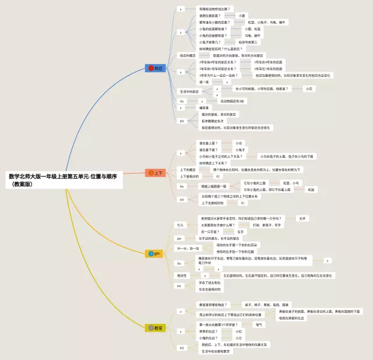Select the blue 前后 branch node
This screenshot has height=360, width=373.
(156, 68)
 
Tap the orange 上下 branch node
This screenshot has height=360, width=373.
(156, 173)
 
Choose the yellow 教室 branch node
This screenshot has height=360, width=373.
(156, 328)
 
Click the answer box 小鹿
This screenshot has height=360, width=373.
(242, 16)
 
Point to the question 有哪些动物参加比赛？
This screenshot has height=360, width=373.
(214, 9)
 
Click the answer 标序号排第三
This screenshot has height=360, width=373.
(248, 42)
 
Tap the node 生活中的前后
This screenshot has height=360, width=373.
(188, 91)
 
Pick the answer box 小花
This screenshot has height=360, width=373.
(309, 89)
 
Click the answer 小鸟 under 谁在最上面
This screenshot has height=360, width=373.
(238, 143)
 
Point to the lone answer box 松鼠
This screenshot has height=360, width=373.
(311, 189)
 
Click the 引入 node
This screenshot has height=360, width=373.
(180, 225)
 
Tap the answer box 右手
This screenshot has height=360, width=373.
(302, 218)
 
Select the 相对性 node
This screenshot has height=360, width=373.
(182, 276)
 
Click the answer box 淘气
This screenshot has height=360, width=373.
(259, 324)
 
